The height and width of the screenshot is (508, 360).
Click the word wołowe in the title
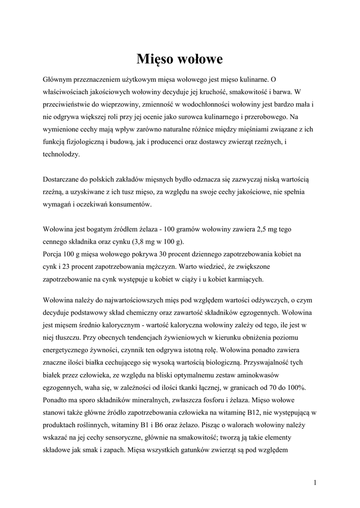[x=200, y=60]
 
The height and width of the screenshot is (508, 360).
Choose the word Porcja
[x=54, y=254]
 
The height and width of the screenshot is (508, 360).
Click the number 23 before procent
[x=64, y=266]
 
